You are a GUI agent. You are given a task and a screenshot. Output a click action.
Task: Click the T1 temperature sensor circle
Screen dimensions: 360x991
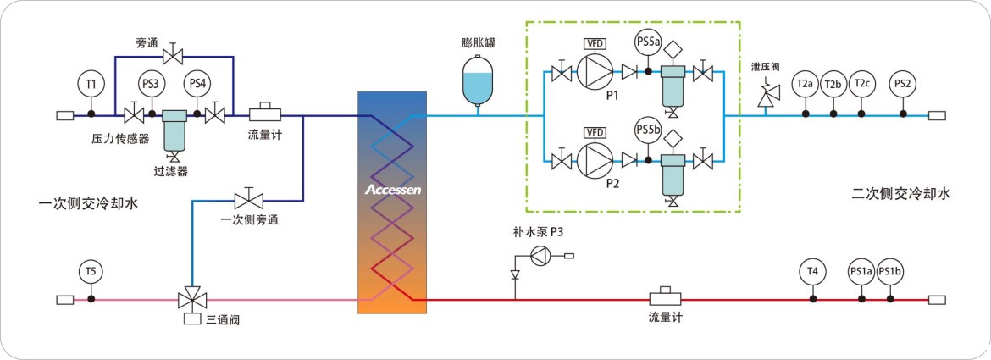point(91,83)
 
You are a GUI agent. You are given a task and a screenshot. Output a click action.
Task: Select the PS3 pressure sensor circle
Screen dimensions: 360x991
point(151,83)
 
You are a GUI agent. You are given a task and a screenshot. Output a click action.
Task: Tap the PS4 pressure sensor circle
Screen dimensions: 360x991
point(197,83)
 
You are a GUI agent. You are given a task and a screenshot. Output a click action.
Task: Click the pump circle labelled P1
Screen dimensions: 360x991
point(595,75)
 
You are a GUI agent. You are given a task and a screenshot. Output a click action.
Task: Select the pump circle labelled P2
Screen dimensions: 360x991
point(595,158)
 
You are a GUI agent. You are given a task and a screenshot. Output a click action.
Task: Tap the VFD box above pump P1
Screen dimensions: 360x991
point(595,43)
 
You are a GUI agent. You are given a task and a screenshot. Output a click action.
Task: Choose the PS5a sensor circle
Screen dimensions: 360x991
point(648,42)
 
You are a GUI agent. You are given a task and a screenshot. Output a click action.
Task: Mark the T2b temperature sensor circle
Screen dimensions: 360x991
point(833,83)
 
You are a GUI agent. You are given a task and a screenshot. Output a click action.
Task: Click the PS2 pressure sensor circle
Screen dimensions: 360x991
point(903,83)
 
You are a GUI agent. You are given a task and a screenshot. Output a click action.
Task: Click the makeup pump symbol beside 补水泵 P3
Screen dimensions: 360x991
point(542,255)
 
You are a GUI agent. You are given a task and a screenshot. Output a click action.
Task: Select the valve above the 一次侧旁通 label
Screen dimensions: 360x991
point(248,201)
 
